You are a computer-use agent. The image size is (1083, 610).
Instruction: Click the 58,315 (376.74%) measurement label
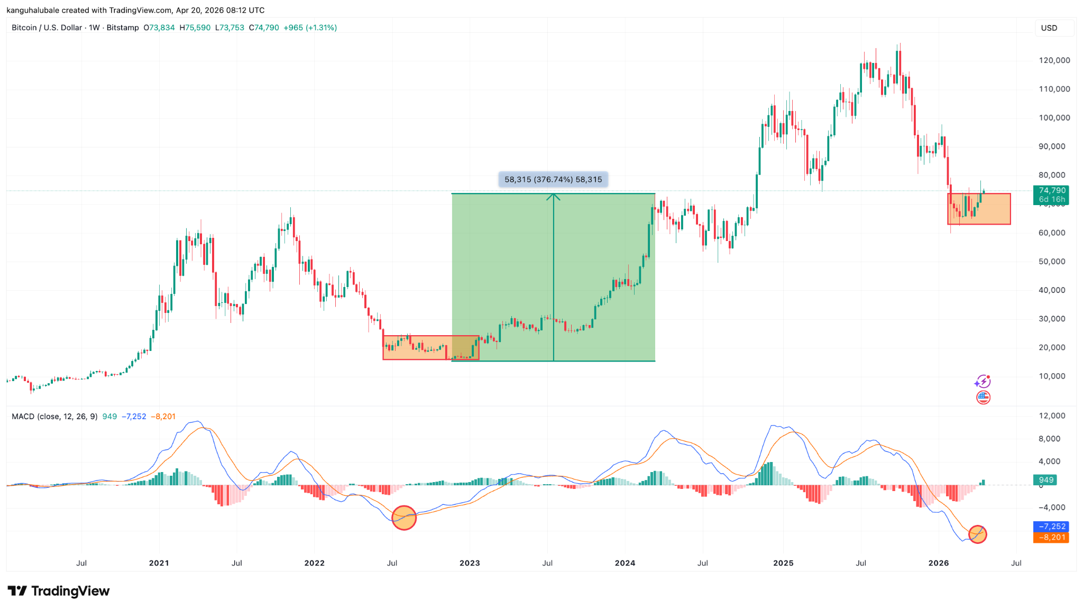point(553,180)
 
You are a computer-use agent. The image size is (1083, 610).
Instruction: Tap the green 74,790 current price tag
point(1051,195)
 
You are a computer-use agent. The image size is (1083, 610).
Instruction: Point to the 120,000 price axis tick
point(1054,60)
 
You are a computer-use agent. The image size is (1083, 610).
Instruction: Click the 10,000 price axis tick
point(1052,376)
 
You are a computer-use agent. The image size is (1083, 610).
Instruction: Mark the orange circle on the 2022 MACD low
point(404,517)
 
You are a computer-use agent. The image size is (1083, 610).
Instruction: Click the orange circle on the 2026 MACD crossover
point(978,534)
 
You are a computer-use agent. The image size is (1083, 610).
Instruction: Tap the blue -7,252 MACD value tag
point(1051,526)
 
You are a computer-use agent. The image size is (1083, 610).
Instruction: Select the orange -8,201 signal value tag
point(1051,538)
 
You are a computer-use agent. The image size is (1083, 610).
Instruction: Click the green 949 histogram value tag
point(1046,480)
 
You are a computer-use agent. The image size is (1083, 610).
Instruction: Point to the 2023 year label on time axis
point(470,563)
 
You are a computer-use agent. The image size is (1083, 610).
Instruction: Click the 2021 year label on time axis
point(159,563)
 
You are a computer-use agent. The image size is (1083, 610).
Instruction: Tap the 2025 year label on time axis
point(783,563)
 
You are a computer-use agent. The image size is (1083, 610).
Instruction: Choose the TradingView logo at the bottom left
point(59,591)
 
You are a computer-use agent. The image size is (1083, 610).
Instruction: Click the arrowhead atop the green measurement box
point(553,197)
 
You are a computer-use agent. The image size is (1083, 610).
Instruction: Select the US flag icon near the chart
point(983,398)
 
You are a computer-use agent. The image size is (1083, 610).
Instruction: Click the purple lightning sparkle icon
point(983,381)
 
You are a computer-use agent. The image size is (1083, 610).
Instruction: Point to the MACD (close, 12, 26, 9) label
point(54,417)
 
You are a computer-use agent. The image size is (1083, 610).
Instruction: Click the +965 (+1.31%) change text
point(310,27)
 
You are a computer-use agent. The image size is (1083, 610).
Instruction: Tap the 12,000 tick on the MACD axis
point(1052,416)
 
